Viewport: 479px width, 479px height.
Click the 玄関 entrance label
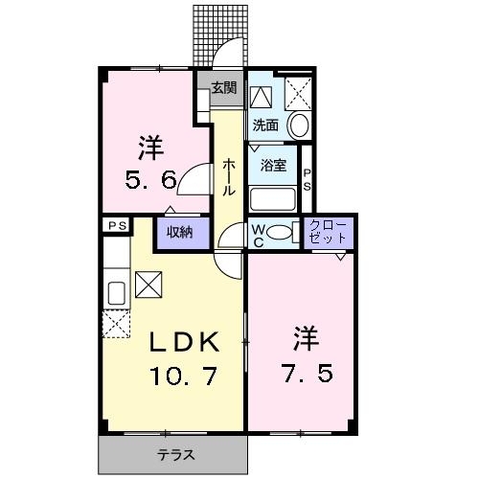[224, 88]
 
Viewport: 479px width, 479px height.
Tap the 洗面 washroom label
[265, 125]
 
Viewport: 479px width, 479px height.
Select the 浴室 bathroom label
[273, 165]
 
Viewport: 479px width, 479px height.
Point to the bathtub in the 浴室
[272, 199]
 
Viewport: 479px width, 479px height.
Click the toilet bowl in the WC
[279, 232]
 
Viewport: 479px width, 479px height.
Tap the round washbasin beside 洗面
[299, 125]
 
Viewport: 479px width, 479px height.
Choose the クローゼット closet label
[328, 232]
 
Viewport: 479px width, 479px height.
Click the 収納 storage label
[180, 232]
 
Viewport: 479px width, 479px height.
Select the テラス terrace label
[176, 454]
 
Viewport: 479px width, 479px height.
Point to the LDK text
[185, 342]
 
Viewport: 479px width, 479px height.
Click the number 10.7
[183, 376]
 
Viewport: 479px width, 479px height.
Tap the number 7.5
[307, 373]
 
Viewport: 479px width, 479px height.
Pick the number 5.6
[150, 180]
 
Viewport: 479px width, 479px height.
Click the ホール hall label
[229, 177]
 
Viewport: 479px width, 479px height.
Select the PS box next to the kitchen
[117, 226]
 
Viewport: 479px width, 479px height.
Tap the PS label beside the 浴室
[307, 180]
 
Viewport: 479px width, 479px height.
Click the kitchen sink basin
[117, 293]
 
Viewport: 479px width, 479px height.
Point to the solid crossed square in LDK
[148, 285]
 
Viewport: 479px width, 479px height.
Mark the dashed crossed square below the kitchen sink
[116, 324]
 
